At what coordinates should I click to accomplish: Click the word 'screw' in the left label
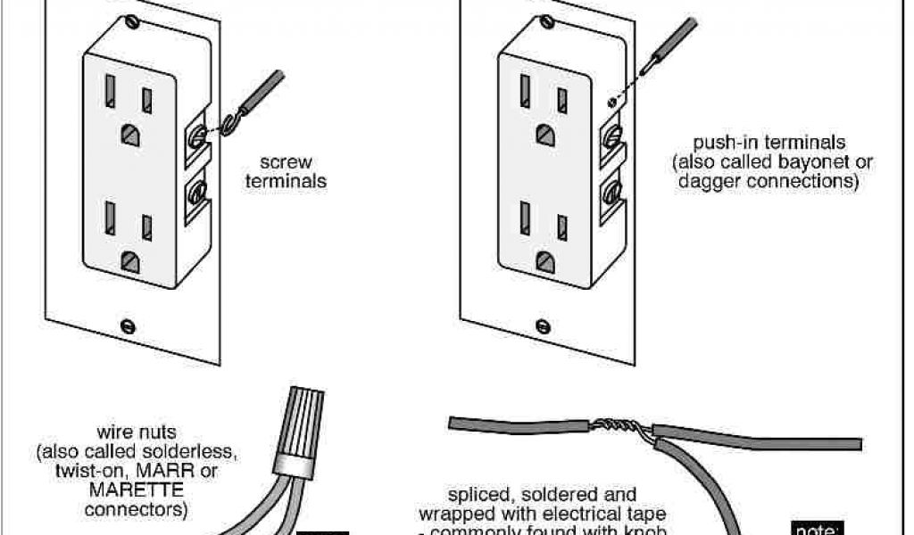pos(286,163)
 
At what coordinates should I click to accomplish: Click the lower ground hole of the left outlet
pos(130,261)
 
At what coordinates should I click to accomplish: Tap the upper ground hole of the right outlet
pos(543,135)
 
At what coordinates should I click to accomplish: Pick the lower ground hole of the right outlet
pos(543,260)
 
